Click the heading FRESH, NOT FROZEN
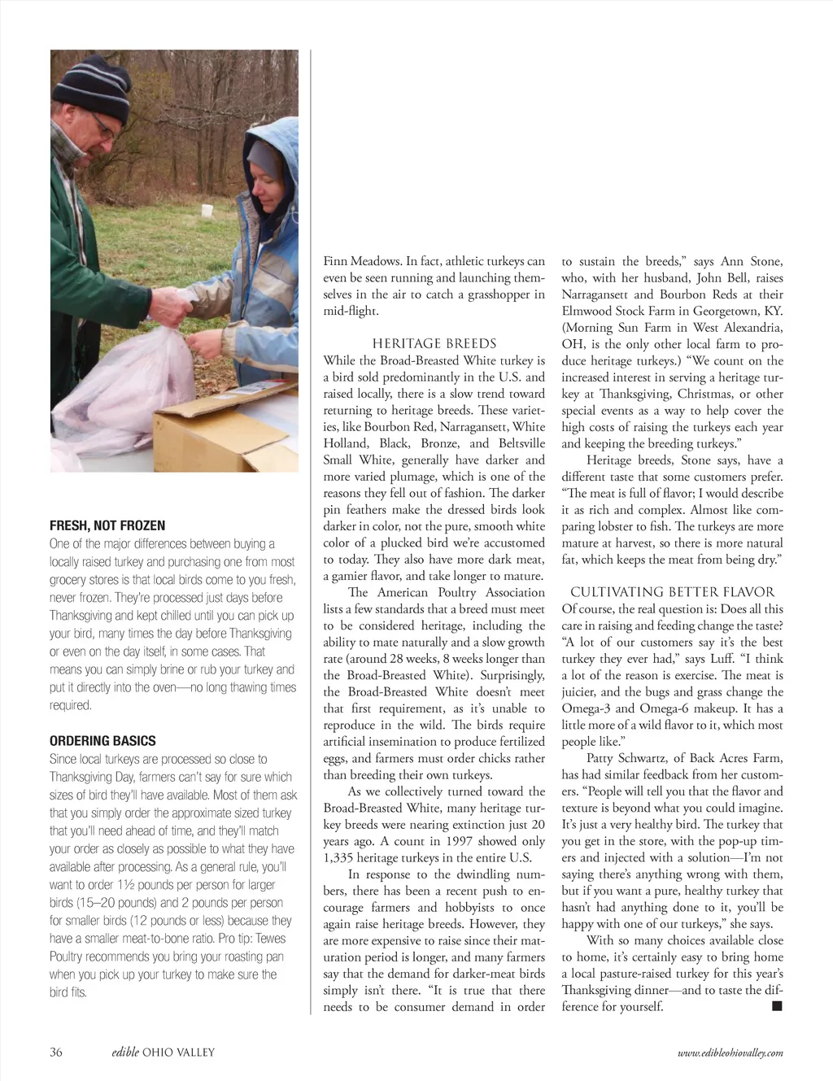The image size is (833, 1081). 107,525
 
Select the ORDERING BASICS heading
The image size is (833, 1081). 102,741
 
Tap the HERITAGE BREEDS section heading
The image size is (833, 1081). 434,343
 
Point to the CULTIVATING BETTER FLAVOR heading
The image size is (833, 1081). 672,592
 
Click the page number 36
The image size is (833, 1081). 56,1052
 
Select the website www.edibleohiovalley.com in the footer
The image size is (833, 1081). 730,1053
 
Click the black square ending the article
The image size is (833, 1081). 777,1007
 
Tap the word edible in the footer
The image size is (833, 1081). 125,1052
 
